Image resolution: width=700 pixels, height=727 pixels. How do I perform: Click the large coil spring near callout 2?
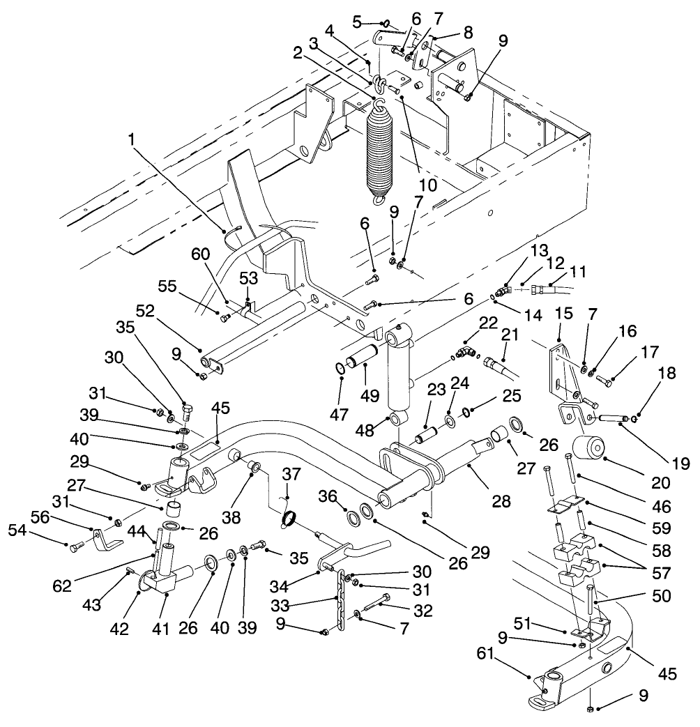coord(381,150)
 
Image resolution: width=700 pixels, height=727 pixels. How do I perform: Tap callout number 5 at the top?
coord(357,21)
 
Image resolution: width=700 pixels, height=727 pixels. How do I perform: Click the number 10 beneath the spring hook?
coord(427,185)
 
